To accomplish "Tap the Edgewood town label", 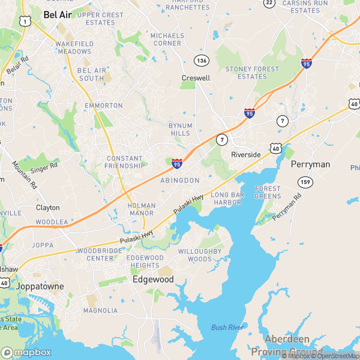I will [x=153, y=280].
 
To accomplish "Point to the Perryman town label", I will [x=310, y=164].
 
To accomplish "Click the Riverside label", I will [x=246, y=154].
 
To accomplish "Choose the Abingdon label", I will [x=179, y=180].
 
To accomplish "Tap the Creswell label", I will [x=196, y=78].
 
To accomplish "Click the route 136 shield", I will [x=201, y=61].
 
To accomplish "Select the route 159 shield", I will [x=305, y=181].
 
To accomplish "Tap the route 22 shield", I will [x=269, y=3].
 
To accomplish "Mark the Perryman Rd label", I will [x=286, y=207].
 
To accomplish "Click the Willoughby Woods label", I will [x=200, y=255].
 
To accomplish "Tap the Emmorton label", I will [x=103, y=106].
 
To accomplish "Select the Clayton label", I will [x=48, y=208].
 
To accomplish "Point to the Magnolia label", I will [x=100, y=310].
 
